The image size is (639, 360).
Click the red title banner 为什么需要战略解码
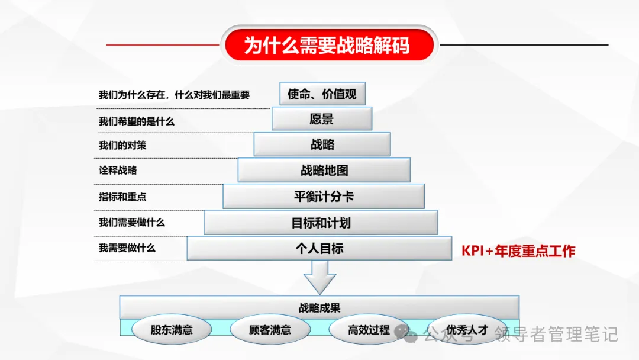click(x=327, y=45)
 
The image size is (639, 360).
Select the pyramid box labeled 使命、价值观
click(x=322, y=94)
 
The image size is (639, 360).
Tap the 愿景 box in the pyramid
click(x=322, y=119)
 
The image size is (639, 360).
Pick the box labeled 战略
click(x=322, y=144)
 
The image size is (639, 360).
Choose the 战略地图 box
click(x=324, y=171)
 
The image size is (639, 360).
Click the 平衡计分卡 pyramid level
click(x=324, y=197)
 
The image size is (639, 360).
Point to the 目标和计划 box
click(x=321, y=223)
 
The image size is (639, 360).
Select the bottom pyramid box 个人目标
click(x=319, y=249)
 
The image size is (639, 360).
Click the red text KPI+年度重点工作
click(x=518, y=251)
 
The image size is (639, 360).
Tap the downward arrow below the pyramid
click(x=319, y=277)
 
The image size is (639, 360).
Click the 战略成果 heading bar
click(x=319, y=308)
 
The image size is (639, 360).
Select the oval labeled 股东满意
click(x=172, y=330)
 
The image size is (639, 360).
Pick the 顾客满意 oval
click(x=270, y=330)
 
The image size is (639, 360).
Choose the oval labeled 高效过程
click(x=369, y=330)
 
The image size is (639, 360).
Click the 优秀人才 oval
click(x=467, y=330)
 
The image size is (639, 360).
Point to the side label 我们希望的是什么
click(x=137, y=121)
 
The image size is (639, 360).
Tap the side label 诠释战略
click(x=118, y=171)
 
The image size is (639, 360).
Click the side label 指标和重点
click(x=122, y=197)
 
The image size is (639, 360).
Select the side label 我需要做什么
click(x=127, y=248)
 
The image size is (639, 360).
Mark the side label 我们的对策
click(x=122, y=146)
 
